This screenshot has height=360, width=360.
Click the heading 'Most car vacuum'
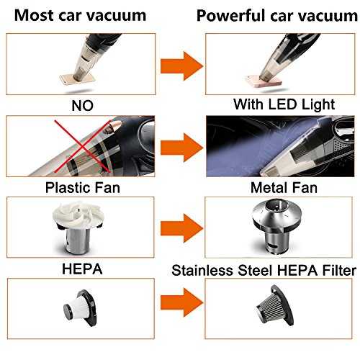[x=80, y=16]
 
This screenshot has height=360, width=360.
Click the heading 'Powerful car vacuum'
[x=277, y=16]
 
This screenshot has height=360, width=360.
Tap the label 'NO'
[x=82, y=106]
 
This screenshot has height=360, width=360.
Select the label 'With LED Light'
[x=284, y=105]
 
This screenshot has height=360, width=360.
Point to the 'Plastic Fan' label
[x=83, y=188]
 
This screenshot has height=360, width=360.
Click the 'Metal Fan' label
[x=284, y=188]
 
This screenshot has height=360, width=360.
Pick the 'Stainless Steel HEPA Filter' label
[x=264, y=271]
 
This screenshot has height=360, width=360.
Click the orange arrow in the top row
[x=181, y=66]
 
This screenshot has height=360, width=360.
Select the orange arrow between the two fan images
[x=181, y=228]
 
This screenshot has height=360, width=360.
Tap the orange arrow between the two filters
[x=181, y=302]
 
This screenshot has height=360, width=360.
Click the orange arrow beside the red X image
[x=181, y=148]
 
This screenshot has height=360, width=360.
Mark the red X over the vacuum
[x=83, y=146]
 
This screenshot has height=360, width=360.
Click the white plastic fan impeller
[x=78, y=215]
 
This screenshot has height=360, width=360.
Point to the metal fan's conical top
[x=276, y=212]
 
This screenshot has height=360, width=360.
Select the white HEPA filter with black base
[x=80, y=307]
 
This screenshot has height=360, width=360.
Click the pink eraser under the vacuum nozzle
[x=264, y=81]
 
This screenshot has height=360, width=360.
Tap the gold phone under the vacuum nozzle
[x=77, y=80]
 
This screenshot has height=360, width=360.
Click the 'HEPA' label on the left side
[x=82, y=269]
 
